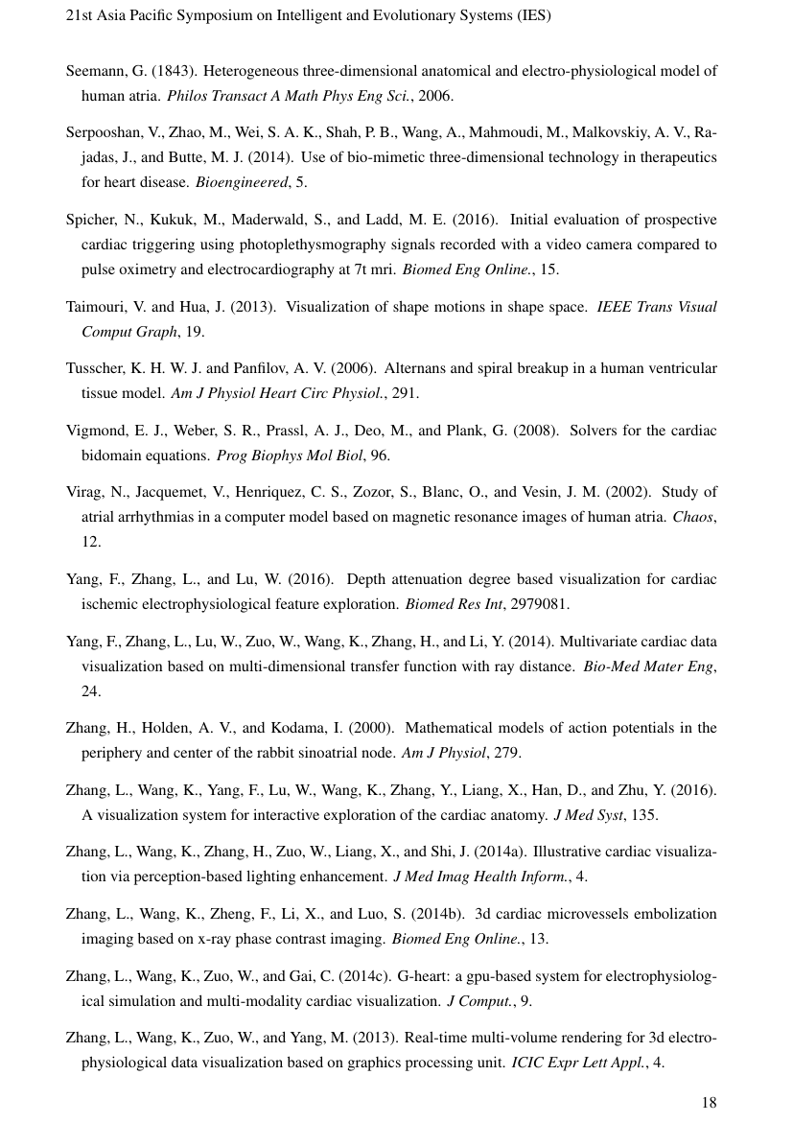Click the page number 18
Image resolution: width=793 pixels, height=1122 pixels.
tap(708, 1102)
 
